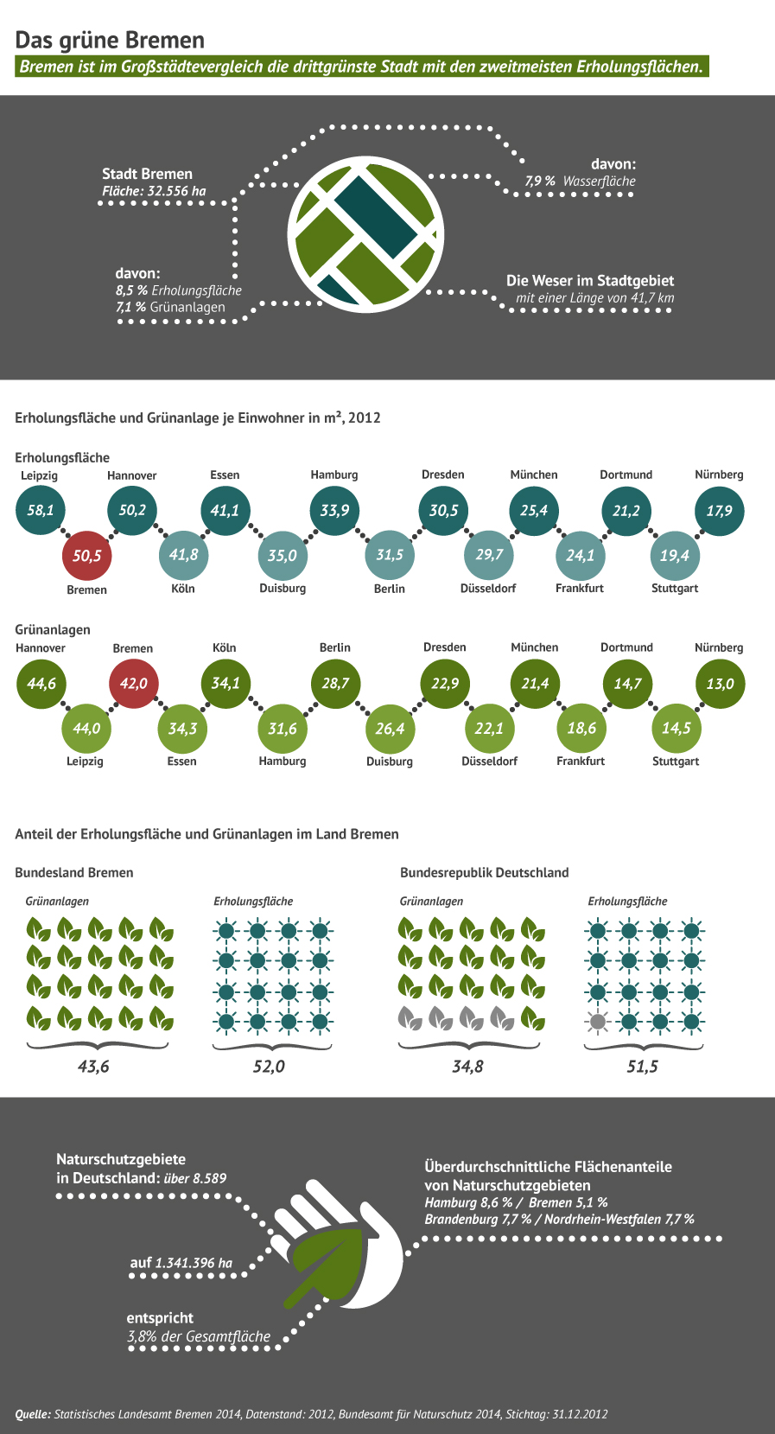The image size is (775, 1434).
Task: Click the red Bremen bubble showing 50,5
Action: pos(87,556)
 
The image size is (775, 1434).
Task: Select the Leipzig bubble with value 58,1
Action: pos(41,510)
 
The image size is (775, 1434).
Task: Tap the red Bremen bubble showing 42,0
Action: pos(134,683)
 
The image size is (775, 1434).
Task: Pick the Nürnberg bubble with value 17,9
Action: pos(719,510)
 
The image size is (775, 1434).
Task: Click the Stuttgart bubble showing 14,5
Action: pos(676,728)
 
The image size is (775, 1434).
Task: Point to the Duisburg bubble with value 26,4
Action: pos(390,728)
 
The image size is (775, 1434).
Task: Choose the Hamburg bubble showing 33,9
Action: pos(334,510)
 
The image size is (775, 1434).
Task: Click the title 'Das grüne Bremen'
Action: pos(110,40)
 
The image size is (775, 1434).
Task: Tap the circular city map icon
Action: pos(365,234)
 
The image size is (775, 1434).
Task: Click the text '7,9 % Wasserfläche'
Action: pos(580,182)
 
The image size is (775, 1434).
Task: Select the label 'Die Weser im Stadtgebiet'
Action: pos(589,281)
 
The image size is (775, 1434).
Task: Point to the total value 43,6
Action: pos(93,1067)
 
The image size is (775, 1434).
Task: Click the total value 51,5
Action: pos(642,1067)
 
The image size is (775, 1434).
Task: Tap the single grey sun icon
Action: pos(597,1022)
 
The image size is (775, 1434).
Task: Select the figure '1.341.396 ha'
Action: pos(194,1263)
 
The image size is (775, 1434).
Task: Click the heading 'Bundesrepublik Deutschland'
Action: pos(484,872)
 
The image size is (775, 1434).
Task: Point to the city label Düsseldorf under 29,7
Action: pos(488,589)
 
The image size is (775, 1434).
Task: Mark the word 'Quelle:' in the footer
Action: pos(33,1414)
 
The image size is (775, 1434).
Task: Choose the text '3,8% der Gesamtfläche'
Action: pos(199,1337)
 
